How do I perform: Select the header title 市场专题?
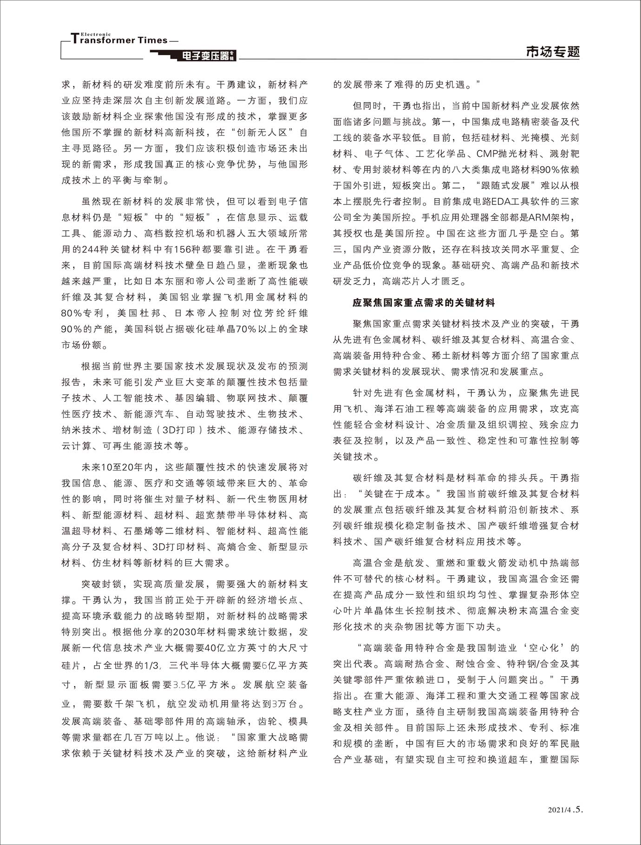coord(552,52)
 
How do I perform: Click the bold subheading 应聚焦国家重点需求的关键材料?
coord(423,303)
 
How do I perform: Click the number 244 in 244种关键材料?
coord(92,249)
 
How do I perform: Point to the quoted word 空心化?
coord(542,648)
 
